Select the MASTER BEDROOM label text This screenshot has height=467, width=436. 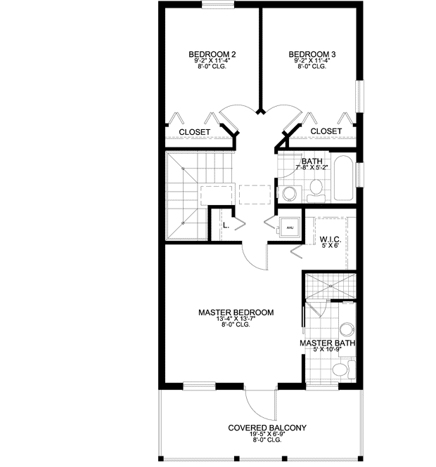(x=236, y=313)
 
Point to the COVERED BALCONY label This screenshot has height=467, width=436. (x=267, y=428)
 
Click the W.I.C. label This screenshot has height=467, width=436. (x=330, y=238)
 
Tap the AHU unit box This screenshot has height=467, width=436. (x=289, y=227)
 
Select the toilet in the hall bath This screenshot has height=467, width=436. (x=316, y=188)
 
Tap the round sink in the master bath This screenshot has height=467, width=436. (x=346, y=329)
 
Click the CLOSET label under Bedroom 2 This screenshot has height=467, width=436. (x=194, y=131)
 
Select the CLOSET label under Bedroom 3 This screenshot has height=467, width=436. (x=326, y=131)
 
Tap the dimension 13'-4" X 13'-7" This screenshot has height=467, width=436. (x=236, y=319)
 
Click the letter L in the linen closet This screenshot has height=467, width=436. (x=225, y=226)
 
